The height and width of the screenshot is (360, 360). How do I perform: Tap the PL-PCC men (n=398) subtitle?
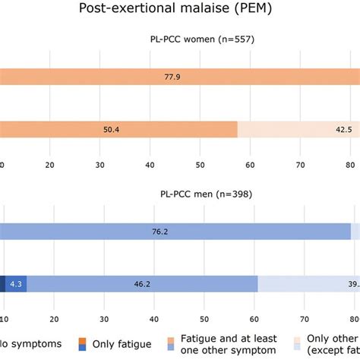(204, 194)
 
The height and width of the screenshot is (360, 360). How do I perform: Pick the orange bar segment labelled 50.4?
(119, 130)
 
